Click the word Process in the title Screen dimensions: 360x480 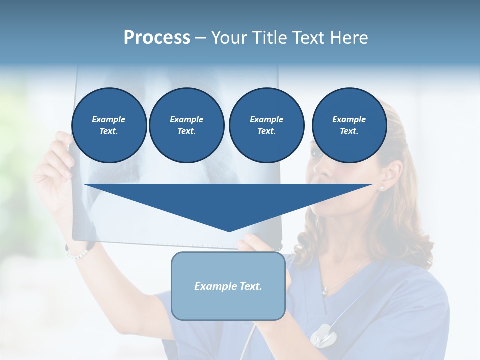pos(157,38)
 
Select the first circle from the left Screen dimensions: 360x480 pos(109,125)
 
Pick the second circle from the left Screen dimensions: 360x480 pos(186,125)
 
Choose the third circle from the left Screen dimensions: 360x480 pos(266,125)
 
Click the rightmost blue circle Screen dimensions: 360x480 pos(349,125)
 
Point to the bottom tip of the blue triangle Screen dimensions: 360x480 pos(229,231)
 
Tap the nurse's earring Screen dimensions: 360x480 pos(382,188)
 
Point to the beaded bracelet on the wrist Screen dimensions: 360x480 pos(77,254)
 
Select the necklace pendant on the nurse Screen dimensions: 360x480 pos(325,290)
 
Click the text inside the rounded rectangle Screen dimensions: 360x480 pos(228,286)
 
